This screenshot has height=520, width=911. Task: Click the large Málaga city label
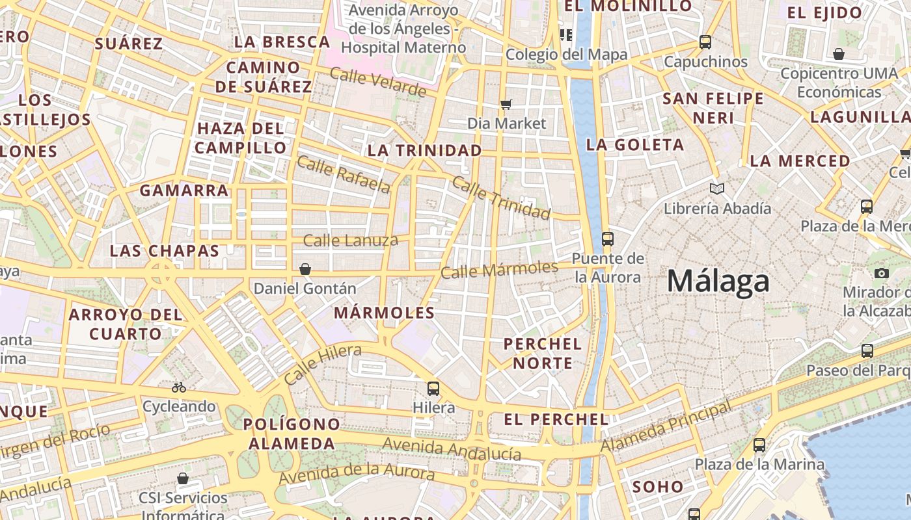tap(718, 281)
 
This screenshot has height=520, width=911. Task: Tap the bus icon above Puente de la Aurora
tap(607, 239)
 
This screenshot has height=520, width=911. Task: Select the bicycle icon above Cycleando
tap(179, 387)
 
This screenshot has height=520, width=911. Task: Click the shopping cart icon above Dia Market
tap(506, 104)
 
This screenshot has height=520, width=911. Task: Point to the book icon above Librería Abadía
tap(717, 189)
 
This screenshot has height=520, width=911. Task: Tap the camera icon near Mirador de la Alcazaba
tap(882, 273)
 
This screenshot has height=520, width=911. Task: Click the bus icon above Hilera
tap(433, 389)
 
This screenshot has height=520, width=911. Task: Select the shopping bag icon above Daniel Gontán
tap(305, 269)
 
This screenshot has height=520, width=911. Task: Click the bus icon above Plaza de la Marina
tap(759, 445)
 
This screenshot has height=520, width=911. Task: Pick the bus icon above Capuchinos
tap(705, 42)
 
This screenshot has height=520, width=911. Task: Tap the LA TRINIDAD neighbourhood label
tap(424, 151)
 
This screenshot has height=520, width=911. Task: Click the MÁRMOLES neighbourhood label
tap(384, 313)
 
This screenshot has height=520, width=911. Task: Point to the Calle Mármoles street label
tap(499, 269)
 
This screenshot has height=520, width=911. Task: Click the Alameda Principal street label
tap(665, 427)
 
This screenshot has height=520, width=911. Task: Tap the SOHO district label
tap(658, 486)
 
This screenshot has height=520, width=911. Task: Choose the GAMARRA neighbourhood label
tap(184, 190)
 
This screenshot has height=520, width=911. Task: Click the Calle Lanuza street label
tap(351, 240)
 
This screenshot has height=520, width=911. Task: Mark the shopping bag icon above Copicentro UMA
tap(839, 54)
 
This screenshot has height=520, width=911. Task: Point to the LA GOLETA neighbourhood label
tap(635, 145)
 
